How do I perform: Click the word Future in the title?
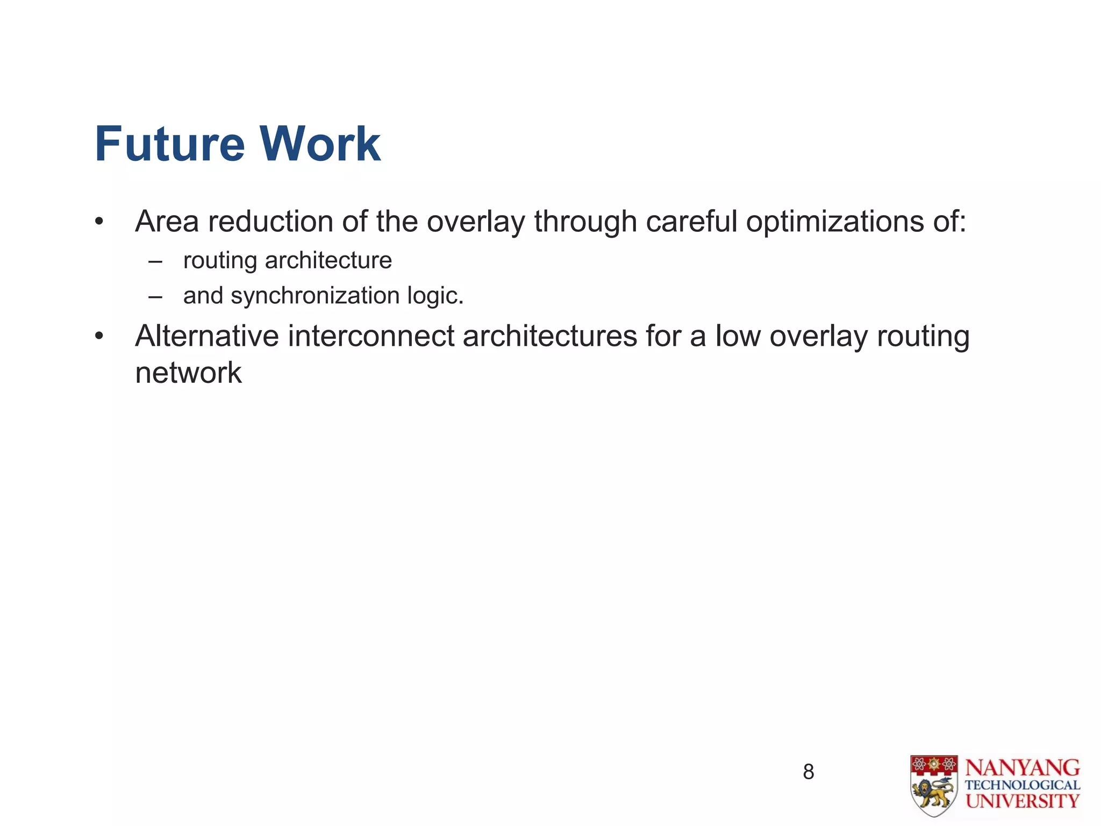pos(170,144)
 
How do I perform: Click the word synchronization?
pos(314,296)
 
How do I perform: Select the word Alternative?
pos(206,336)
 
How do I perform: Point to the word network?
pos(188,373)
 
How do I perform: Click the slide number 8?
pos(808,772)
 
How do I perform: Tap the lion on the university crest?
pos(933,793)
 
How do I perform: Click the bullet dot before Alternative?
pos(98,337)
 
